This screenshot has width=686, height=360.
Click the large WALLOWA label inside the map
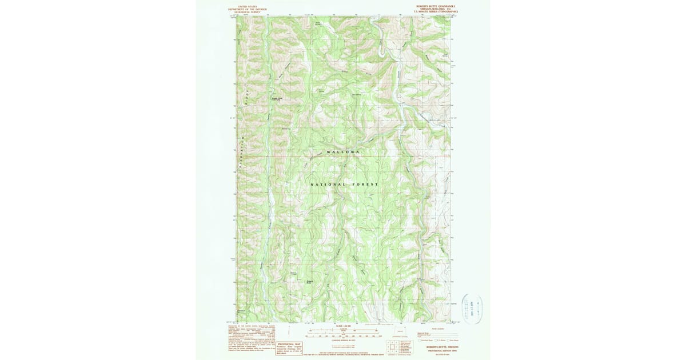point(344,152)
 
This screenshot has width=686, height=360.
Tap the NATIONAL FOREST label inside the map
point(344,185)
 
